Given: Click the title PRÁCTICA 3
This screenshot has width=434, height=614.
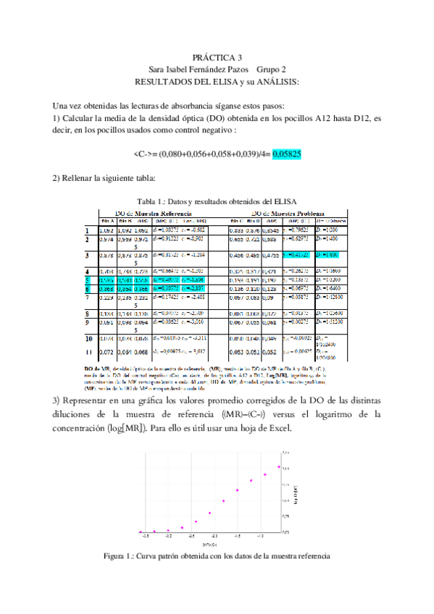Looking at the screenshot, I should point(217,56).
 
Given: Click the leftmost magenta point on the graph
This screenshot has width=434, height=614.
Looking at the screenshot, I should point(141,532).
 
